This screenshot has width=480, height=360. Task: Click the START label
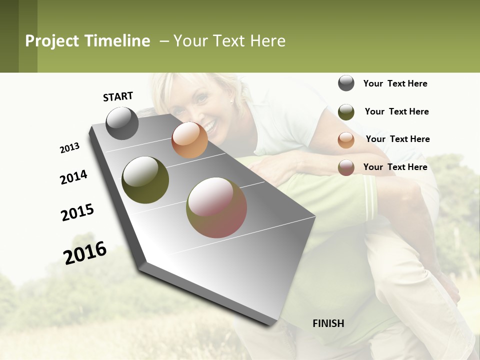click(118, 96)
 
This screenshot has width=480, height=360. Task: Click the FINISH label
click(328, 323)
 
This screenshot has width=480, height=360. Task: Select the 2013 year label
click(69, 148)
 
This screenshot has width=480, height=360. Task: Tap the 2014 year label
click(73, 177)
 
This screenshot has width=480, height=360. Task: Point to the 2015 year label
click(77, 212)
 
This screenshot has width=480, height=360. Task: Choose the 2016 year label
click(85, 252)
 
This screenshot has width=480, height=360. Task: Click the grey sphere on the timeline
click(122, 123)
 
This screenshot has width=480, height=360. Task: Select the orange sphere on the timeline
click(189, 140)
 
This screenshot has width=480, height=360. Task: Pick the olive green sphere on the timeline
click(145, 180)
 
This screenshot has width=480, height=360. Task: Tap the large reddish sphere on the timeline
click(216, 207)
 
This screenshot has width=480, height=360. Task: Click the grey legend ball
click(346, 83)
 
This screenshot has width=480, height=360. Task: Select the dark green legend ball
click(346, 112)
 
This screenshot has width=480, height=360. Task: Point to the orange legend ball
click(346, 140)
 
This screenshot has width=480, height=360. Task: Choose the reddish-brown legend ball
click(346, 168)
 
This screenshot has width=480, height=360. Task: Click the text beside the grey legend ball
click(395, 84)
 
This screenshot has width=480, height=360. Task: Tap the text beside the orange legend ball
click(397, 139)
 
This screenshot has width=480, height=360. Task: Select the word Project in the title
click(51, 41)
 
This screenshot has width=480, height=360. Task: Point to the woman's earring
click(231, 101)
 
